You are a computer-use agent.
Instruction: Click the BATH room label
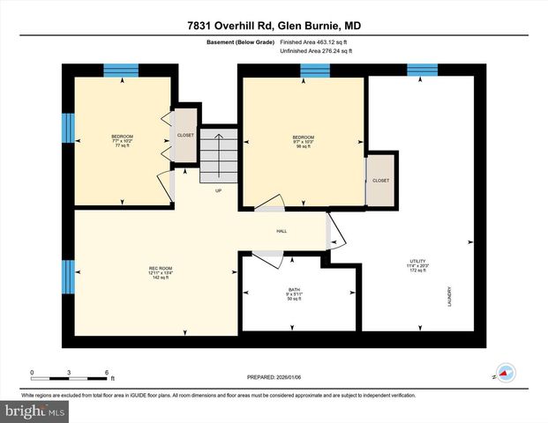pyautogui.click(x=294, y=294)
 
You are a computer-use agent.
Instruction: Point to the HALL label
pyautogui.click(x=282, y=231)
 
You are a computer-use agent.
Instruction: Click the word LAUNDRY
pyautogui.click(x=449, y=294)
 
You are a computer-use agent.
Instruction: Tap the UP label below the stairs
pyautogui.click(x=218, y=189)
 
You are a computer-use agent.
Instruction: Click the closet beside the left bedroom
pyautogui.click(x=185, y=136)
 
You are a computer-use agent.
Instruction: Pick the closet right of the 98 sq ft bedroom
pyautogui.click(x=380, y=180)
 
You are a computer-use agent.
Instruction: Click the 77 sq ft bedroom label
pyautogui.click(x=123, y=141)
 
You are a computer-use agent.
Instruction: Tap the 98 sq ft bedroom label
pyautogui.click(x=303, y=142)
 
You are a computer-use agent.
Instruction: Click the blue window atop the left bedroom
pyautogui.click(x=121, y=70)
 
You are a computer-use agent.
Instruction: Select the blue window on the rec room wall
pyautogui.click(x=67, y=277)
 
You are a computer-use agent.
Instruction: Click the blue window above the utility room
pyautogui.click(x=422, y=70)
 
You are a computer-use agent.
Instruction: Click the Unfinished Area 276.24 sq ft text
pyautogui.click(x=315, y=52)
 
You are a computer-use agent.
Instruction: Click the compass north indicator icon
pyautogui.click(x=505, y=373)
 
